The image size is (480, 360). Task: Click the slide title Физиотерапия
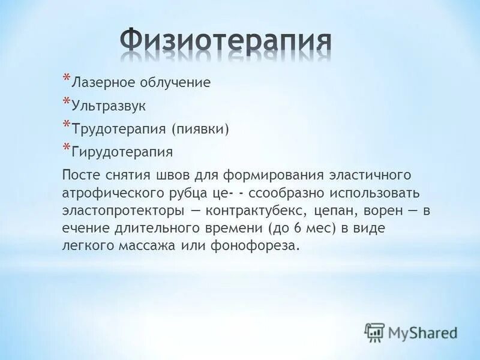coord(226,40)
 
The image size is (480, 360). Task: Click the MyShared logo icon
coord(375,332)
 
